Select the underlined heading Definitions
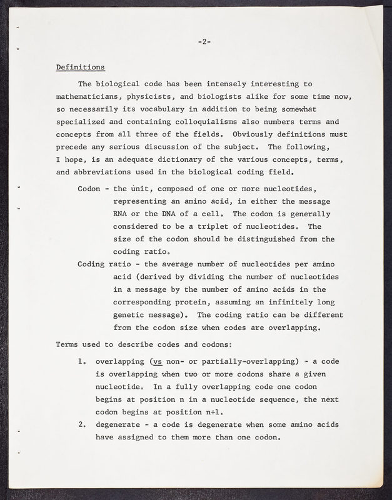[x=81, y=67]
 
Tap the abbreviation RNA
[x=120, y=214]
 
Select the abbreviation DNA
[x=173, y=214]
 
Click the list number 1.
[x=82, y=361]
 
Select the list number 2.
[x=82, y=425]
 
